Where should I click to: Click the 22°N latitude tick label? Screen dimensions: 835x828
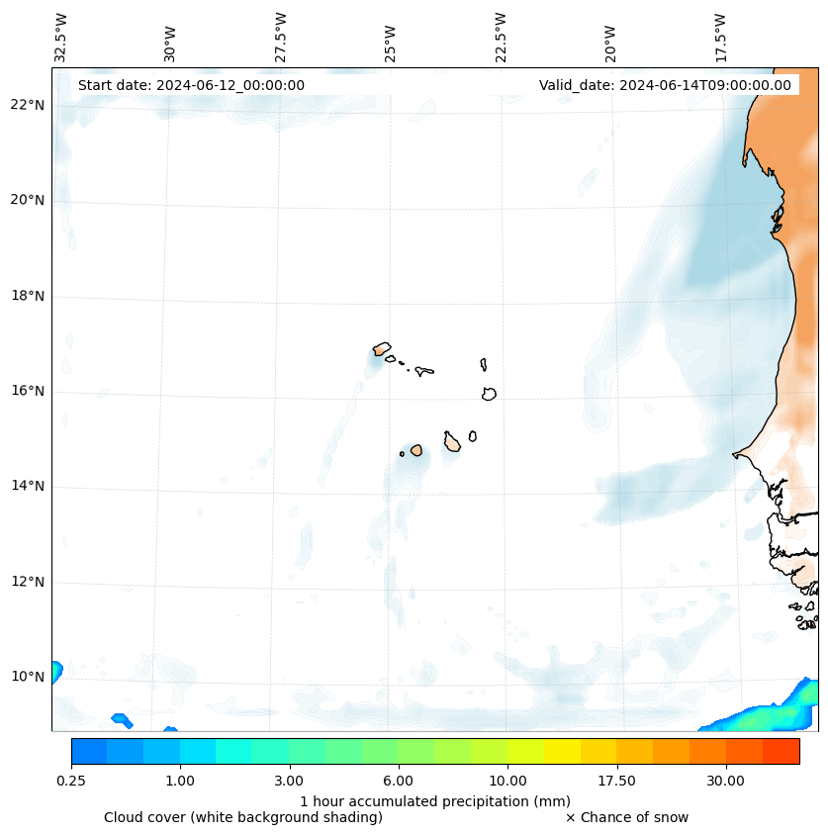pos(28,105)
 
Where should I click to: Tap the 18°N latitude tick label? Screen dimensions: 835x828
pos(28,296)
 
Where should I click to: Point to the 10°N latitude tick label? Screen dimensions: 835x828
pos(28,677)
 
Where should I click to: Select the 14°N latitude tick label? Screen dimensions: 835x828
pos(28,486)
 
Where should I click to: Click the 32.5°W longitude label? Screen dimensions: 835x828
pos(61,38)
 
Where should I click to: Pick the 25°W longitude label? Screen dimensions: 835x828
pos(391,45)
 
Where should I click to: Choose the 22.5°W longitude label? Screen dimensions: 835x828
pos(501,38)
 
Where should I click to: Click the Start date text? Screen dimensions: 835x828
pos(191,85)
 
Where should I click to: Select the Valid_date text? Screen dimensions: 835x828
pos(665,85)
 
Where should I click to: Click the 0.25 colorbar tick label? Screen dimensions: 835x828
pos(71,781)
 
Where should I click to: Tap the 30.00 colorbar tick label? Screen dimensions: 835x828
pos(725,781)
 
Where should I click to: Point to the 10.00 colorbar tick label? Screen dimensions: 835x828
pos(507,781)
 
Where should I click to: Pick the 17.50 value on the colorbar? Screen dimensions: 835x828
pos(616,781)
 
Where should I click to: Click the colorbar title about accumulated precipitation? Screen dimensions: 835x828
pos(435,800)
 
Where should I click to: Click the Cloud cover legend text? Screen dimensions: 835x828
pos(243,817)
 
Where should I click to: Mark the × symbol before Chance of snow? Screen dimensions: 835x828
pos(570,817)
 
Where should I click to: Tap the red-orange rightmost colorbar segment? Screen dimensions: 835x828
pos(781,751)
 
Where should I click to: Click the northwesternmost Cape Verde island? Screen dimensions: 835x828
pos(382,348)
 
